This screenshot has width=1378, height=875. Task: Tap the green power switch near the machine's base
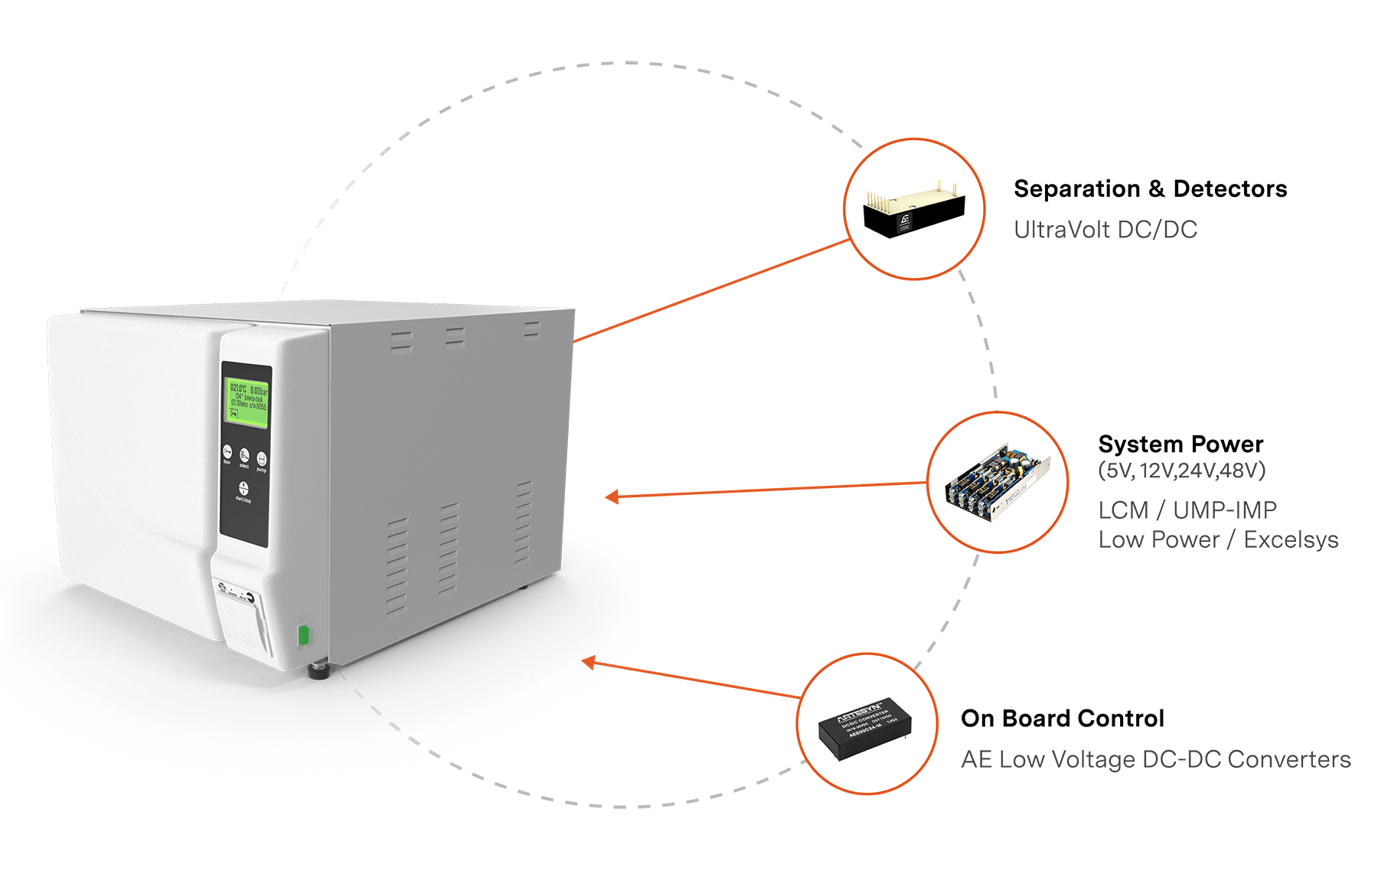pyautogui.click(x=303, y=635)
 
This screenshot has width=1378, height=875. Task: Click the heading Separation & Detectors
pyautogui.click(x=1150, y=188)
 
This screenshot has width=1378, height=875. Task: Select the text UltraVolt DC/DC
pyautogui.click(x=1105, y=229)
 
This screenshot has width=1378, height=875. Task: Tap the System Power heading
pyautogui.click(x=1180, y=444)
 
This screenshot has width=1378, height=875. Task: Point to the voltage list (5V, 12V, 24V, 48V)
pyautogui.click(x=1181, y=470)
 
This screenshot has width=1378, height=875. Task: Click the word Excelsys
pyautogui.click(x=1291, y=539)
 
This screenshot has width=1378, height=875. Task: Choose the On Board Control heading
pyautogui.click(x=1062, y=719)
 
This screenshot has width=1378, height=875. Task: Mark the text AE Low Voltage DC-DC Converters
pyautogui.click(x=1155, y=759)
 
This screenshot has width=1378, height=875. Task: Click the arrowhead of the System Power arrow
pyautogui.click(x=611, y=497)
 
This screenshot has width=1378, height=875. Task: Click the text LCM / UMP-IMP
pyautogui.click(x=1187, y=510)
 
